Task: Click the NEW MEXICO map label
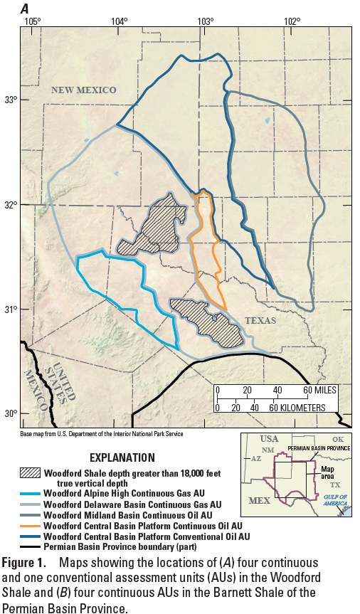click(83, 90)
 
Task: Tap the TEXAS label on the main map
click(260, 321)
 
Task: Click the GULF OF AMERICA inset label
click(334, 497)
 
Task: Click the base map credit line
click(101, 433)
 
